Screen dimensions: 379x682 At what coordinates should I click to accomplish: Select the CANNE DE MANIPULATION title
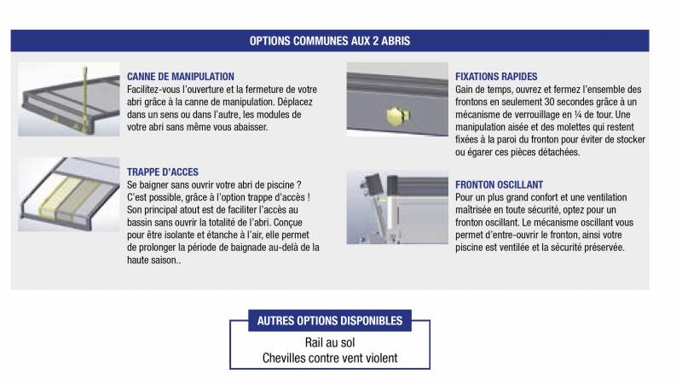180,77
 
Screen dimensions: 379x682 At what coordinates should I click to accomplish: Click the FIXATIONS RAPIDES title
496,77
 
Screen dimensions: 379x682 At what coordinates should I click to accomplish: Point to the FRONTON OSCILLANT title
500,184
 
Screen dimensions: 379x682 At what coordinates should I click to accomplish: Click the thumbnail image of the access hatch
68,195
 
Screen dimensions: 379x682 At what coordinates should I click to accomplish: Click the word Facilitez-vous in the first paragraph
157,90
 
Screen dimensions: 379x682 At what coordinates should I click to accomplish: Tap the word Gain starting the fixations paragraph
467,90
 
